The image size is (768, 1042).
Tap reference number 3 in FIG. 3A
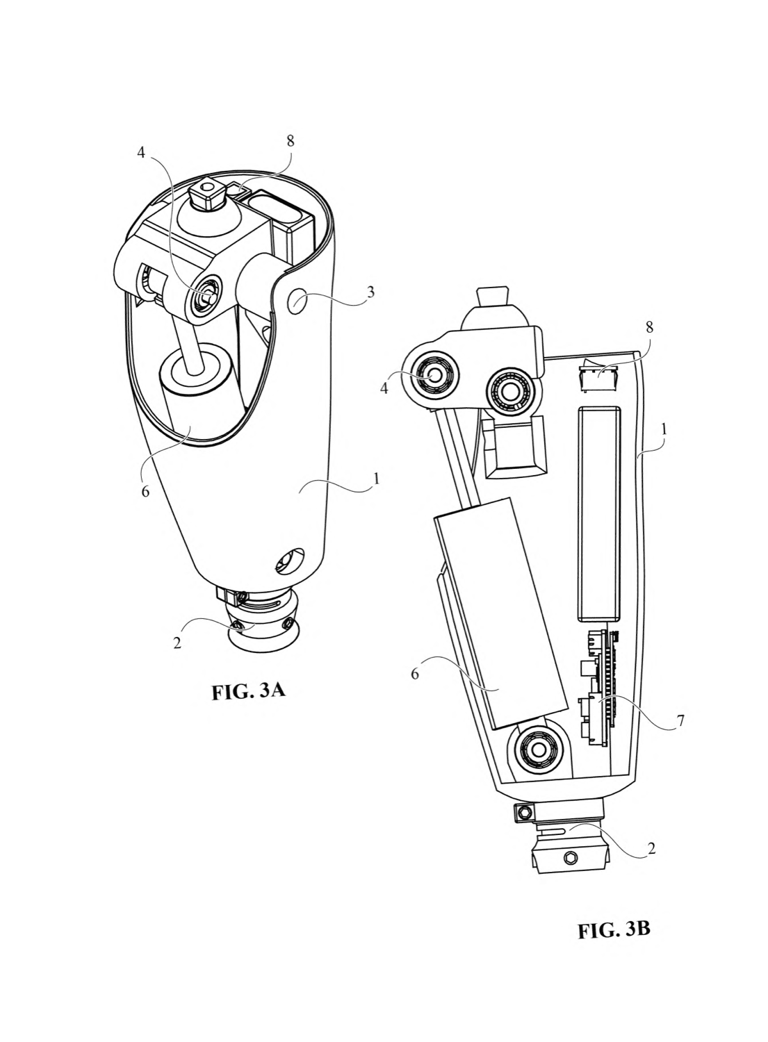370,292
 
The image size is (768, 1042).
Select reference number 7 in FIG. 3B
680,721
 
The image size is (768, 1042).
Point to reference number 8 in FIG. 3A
291,142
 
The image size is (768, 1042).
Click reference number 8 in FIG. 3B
649,327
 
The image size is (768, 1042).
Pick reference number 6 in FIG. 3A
146,491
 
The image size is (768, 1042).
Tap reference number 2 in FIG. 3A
177,643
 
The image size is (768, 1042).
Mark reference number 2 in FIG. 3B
652,849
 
